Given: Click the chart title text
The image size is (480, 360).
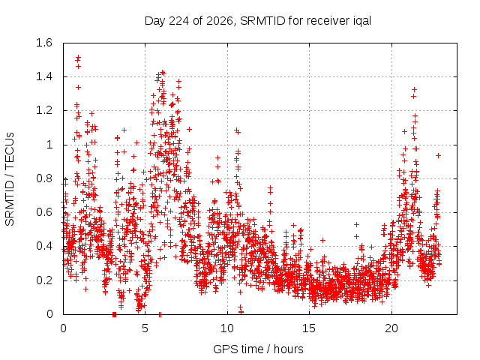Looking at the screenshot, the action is tap(258, 21).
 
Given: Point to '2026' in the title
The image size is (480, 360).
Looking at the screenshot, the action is tap(220, 21).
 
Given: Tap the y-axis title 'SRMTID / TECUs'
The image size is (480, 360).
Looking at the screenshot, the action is tap(10, 179).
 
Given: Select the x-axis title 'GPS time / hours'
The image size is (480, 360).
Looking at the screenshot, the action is tap(258, 349).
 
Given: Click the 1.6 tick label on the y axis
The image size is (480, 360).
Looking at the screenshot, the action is tap(44, 43).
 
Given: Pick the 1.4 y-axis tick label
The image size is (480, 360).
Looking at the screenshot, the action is tap(44, 76).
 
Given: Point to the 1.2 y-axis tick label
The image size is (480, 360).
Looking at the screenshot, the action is tap(44, 110).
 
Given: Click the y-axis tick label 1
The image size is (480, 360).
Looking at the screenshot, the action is tap(49, 145).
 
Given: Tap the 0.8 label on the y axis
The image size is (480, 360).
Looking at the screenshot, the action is tap(44, 178).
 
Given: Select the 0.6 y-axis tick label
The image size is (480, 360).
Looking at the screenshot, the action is tap(44, 212).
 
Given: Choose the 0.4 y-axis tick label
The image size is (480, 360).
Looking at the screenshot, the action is tap(44, 247).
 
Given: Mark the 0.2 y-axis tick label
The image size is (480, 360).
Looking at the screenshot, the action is tap(44, 280).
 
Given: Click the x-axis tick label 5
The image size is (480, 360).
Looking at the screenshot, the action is tap(145, 328).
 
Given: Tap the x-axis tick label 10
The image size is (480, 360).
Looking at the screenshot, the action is tap(227, 328).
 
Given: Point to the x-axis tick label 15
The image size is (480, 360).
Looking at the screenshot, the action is tap(309, 328).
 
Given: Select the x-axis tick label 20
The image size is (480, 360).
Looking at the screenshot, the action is tap(391, 328).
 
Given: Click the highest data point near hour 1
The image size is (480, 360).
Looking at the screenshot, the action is tap(78, 57).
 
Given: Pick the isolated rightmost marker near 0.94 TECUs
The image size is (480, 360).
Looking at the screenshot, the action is tap(438, 156).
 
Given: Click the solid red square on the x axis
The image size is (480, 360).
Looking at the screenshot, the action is tap(114, 314).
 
